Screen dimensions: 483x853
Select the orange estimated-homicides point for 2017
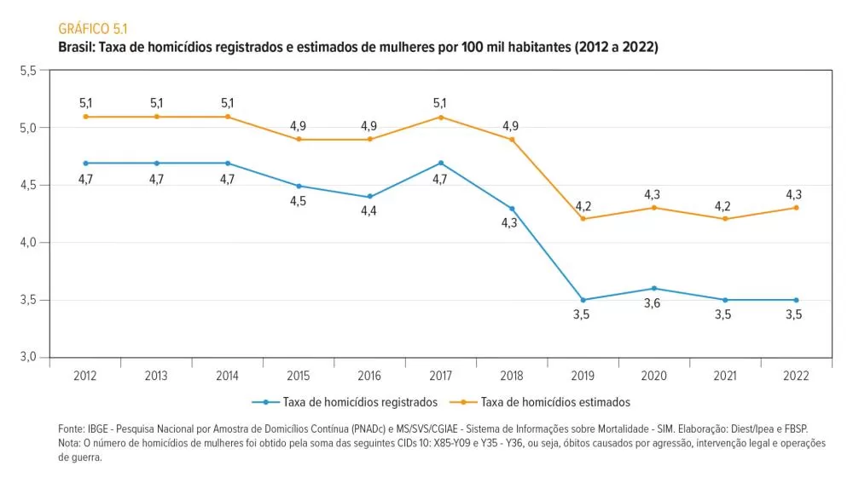(x=441, y=117)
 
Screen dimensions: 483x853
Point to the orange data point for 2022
(x=796, y=208)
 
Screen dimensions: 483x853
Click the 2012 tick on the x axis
(x=85, y=374)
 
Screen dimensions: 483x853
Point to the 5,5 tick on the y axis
(x=27, y=71)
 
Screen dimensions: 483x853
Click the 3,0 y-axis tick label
(x=27, y=358)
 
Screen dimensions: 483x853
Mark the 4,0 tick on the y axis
(x=27, y=243)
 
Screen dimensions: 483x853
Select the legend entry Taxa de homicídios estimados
(x=554, y=401)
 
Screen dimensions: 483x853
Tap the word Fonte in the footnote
(x=72, y=429)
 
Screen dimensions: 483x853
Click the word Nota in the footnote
(x=70, y=443)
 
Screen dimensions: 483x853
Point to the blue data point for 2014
(x=228, y=163)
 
